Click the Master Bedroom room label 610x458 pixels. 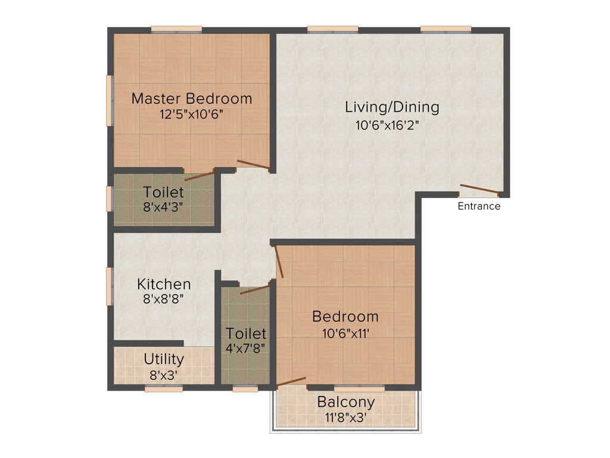coord(192,98)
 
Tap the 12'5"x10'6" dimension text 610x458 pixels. coord(192,114)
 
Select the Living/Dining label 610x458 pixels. coord(392,107)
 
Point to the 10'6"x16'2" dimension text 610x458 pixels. coord(392,126)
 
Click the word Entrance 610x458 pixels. coord(479,206)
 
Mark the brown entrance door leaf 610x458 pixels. coord(479,190)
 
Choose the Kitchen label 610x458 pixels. coord(164,284)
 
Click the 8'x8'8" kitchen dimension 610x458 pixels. coord(164,299)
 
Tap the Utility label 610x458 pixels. coord(164,360)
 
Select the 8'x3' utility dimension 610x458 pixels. coord(164,376)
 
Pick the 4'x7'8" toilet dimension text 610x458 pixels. coord(245,348)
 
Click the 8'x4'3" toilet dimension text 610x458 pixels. coord(164,208)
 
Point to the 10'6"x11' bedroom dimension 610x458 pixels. coord(346,333)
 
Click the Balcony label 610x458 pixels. coord(346,402)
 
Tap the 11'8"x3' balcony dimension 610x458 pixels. coord(346,417)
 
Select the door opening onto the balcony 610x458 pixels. coord(291,382)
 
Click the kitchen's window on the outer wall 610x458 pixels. coord(110,286)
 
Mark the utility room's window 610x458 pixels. coord(164,388)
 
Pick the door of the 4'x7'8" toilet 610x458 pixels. coord(254,290)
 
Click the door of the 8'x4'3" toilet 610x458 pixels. coord(199,175)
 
